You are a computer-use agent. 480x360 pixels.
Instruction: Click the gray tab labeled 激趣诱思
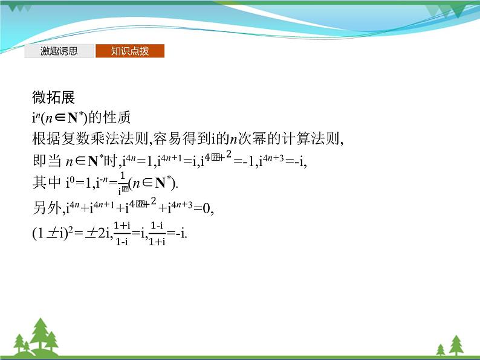(59, 51)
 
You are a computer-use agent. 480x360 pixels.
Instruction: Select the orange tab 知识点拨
(129, 51)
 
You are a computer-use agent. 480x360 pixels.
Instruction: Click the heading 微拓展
(53, 97)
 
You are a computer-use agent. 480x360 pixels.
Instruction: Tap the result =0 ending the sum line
(204, 209)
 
